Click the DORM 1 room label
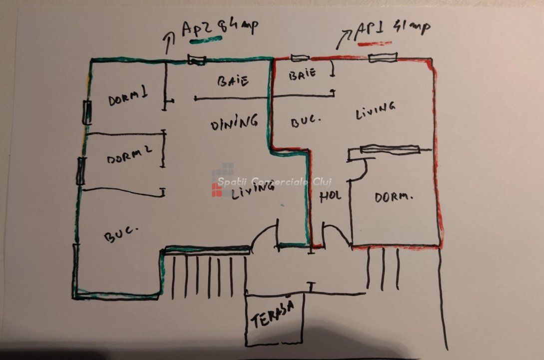pos(128,98)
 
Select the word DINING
pos(234,122)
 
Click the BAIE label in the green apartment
pos(233,81)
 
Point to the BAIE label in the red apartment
pos(302,74)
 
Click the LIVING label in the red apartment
pos(376,110)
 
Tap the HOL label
pos(330,195)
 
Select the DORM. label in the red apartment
pos(394,197)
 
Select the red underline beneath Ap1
pos(375,44)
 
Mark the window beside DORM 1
pos(87,112)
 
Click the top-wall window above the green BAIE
pos(196,60)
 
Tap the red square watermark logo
pos(217,190)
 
